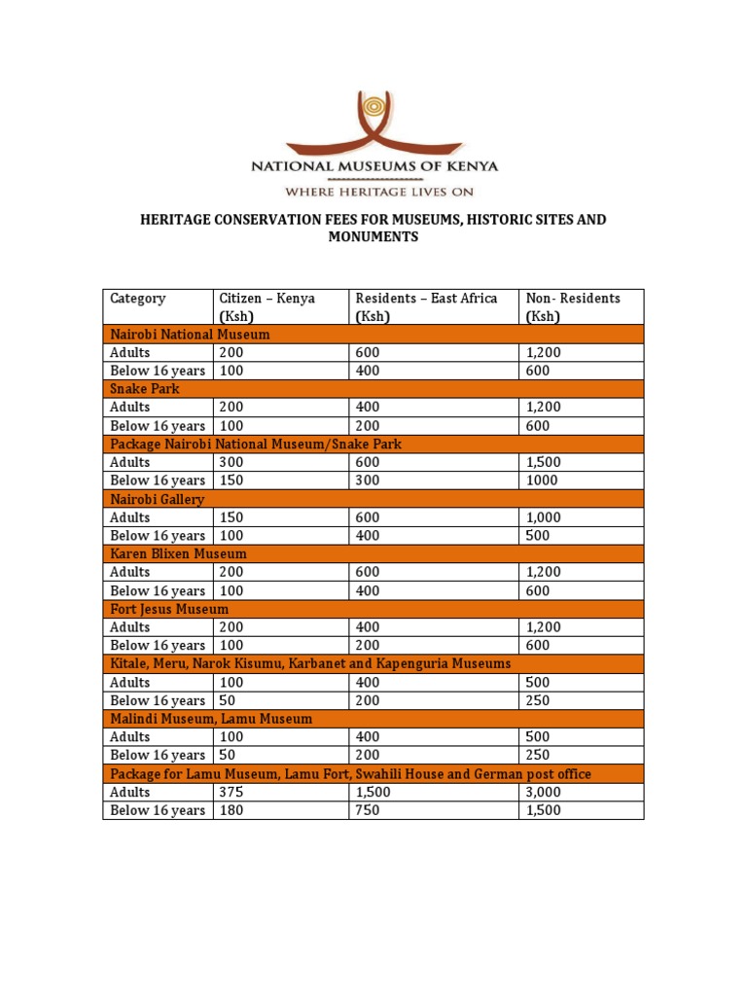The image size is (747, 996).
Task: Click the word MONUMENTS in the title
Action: [x=373, y=237]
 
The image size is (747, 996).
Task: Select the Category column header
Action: [x=138, y=299]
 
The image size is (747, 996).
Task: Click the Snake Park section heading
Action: [x=145, y=389]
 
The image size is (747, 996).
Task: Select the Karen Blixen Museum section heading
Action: [x=179, y=554]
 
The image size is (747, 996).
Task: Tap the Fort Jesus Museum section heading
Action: [x=170, y=610]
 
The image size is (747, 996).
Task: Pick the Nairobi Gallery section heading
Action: [x=158, y=500]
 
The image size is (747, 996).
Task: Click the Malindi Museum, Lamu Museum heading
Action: [x=211, y=720]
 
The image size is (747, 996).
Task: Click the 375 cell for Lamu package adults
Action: [x=231, y=793]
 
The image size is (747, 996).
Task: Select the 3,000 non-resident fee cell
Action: [x=543, y=793]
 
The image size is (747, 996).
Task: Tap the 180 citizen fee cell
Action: [x=231, y=811]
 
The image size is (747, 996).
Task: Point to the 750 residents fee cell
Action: [x=368, y=811]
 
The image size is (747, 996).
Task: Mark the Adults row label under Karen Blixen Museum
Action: [x=130, y=573]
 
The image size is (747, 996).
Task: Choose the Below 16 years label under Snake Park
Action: [x=158, y=426]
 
